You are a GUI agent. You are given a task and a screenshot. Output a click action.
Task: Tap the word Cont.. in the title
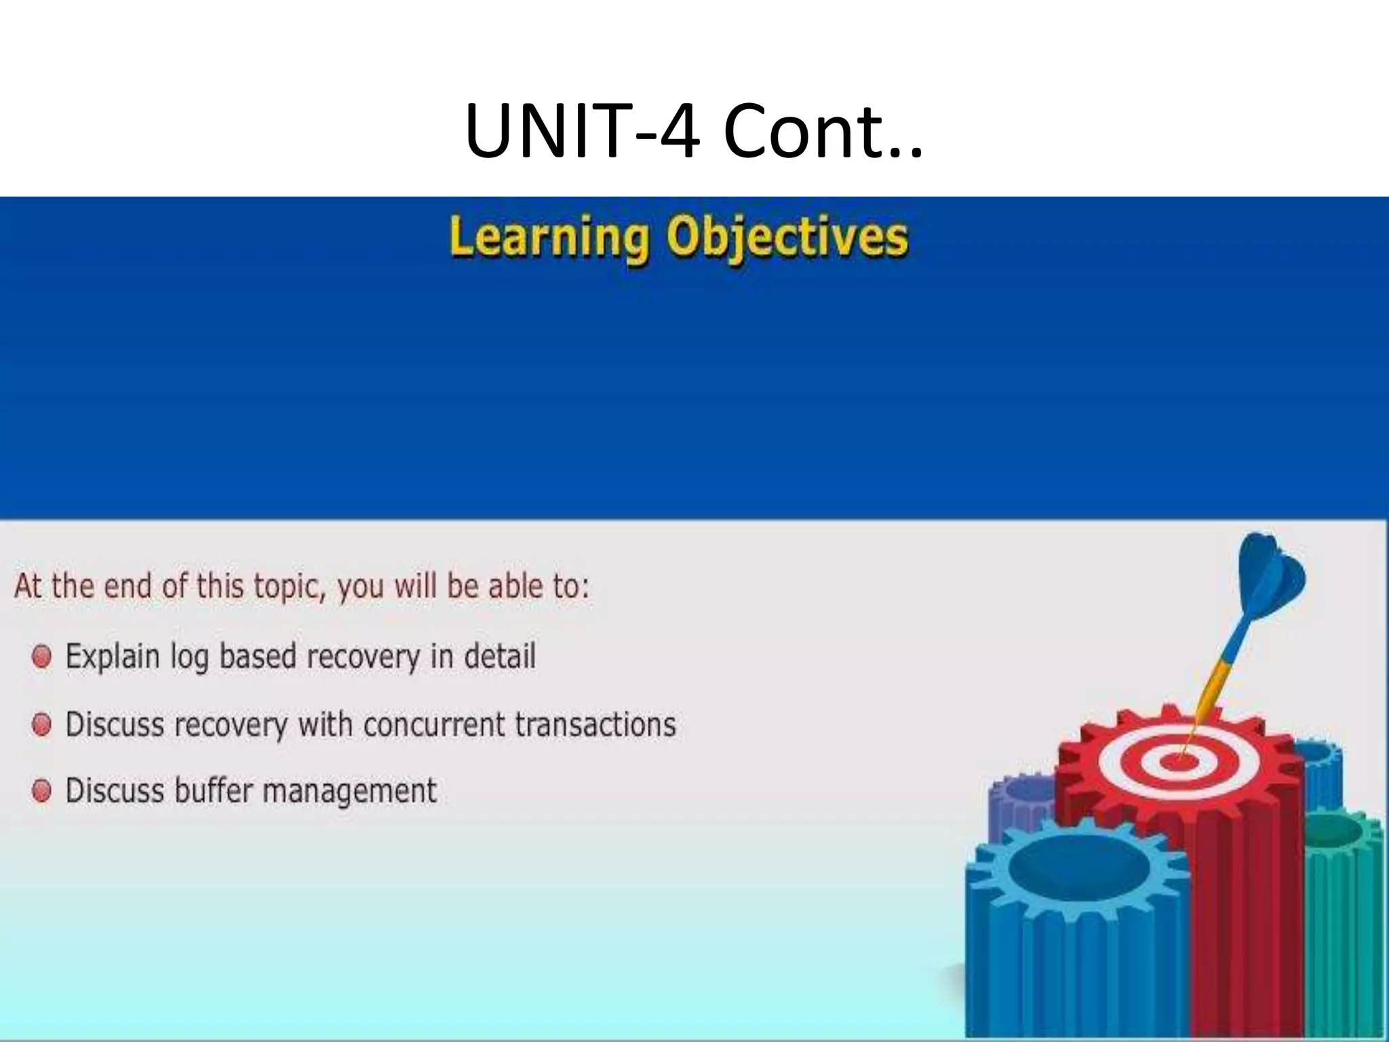tap(822, 130)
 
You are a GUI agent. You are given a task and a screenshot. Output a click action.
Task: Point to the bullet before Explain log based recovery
tap(42, 657)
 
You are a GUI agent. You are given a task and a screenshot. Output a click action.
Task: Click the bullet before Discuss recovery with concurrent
tap(42, 725)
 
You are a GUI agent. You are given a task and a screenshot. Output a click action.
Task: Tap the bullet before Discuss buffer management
tap(42, 791)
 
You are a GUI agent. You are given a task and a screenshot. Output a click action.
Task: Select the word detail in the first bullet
tap(500, 657)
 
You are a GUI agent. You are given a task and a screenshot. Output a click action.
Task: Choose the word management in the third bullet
tap(349, 791)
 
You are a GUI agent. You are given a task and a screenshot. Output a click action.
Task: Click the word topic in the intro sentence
tap(283, 586)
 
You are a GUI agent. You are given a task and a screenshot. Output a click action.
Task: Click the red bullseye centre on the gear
tap(1180, 763)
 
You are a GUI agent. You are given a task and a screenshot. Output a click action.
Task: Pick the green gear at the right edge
tap(1346, 902)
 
